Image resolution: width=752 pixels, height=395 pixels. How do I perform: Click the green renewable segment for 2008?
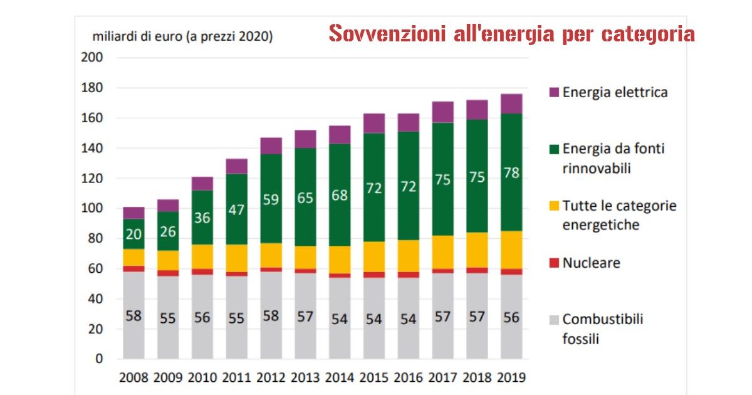133,234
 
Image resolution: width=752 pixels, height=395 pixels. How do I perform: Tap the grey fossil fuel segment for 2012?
271,315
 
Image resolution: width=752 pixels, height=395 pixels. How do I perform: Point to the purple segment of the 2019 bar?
511,104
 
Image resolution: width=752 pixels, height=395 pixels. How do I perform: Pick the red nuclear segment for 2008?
133,268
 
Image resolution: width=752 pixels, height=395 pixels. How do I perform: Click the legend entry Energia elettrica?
614,93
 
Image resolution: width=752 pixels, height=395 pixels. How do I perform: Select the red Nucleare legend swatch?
553,263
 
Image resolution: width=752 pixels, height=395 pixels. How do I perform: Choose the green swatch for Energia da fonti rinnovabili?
553,149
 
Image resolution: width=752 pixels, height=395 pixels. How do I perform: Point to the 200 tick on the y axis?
92,58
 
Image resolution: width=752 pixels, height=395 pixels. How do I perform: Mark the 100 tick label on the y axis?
92,208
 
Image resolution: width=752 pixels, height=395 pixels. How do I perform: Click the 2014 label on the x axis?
340,378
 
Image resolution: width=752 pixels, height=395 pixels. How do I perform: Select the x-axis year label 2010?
202,378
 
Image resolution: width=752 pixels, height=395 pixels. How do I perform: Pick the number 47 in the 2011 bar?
237,210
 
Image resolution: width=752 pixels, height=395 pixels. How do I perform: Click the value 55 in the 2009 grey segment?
168,318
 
